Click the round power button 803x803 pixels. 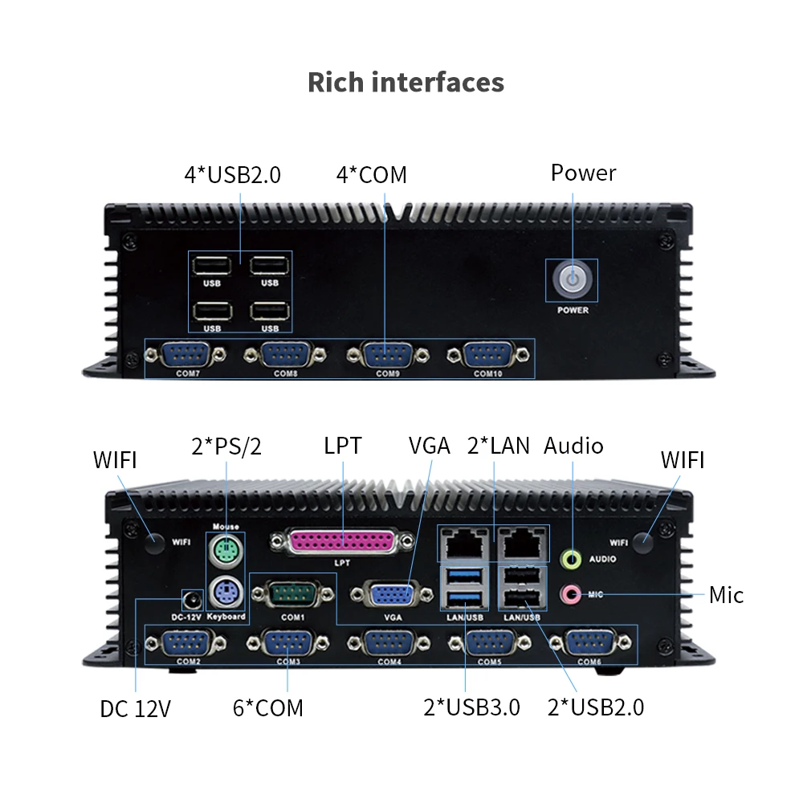click(571, 280)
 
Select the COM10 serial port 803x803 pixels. click(487, 354)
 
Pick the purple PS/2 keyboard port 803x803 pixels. click(226, 595)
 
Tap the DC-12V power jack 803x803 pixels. click(192, 600)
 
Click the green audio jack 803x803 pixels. click(571, 556)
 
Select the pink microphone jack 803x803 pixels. click(571, 594)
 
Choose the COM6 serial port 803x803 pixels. click(589, 643)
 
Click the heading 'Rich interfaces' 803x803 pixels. click(406, 82)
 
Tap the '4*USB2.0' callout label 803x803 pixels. click(233, 174)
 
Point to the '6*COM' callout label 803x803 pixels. click(268, 707)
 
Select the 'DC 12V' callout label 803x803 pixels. click(136, 709)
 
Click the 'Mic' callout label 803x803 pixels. click(726, 595)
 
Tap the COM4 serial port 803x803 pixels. click(389, 643)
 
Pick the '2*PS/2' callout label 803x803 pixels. click(226, 446)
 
